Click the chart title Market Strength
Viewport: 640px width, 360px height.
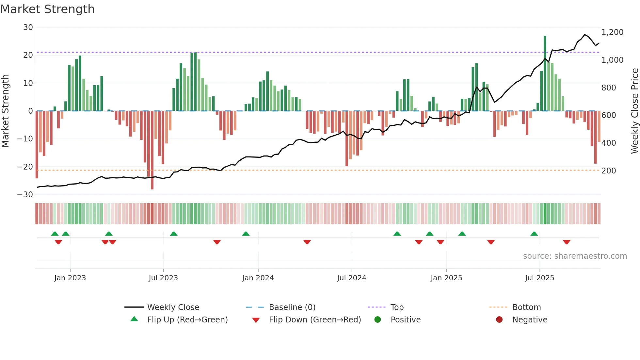(x=47, y=9)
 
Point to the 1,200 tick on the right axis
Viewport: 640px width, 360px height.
(x=612, y=32)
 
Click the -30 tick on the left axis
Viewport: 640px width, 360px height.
(x=25, y=195)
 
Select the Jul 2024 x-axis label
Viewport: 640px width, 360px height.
(x=351, y=278)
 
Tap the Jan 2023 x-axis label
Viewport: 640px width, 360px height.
(x=70, y=278)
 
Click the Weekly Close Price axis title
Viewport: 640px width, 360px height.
(x=634, y=111)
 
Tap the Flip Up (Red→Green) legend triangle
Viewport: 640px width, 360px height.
(x=134, y=319)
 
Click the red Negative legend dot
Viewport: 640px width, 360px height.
(x=499, y=319)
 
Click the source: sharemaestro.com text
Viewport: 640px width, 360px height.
(x=575, y=256)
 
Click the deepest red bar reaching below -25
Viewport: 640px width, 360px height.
(x=152, y=150)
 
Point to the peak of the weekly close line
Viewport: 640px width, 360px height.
(x=585, y=35)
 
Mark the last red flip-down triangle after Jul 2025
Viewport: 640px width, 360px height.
(x=567, y=242)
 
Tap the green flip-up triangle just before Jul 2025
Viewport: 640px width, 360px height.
(x=534, y=234)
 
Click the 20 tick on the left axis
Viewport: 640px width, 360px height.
(x=28, y=55)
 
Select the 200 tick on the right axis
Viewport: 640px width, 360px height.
(x=609, y=171)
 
